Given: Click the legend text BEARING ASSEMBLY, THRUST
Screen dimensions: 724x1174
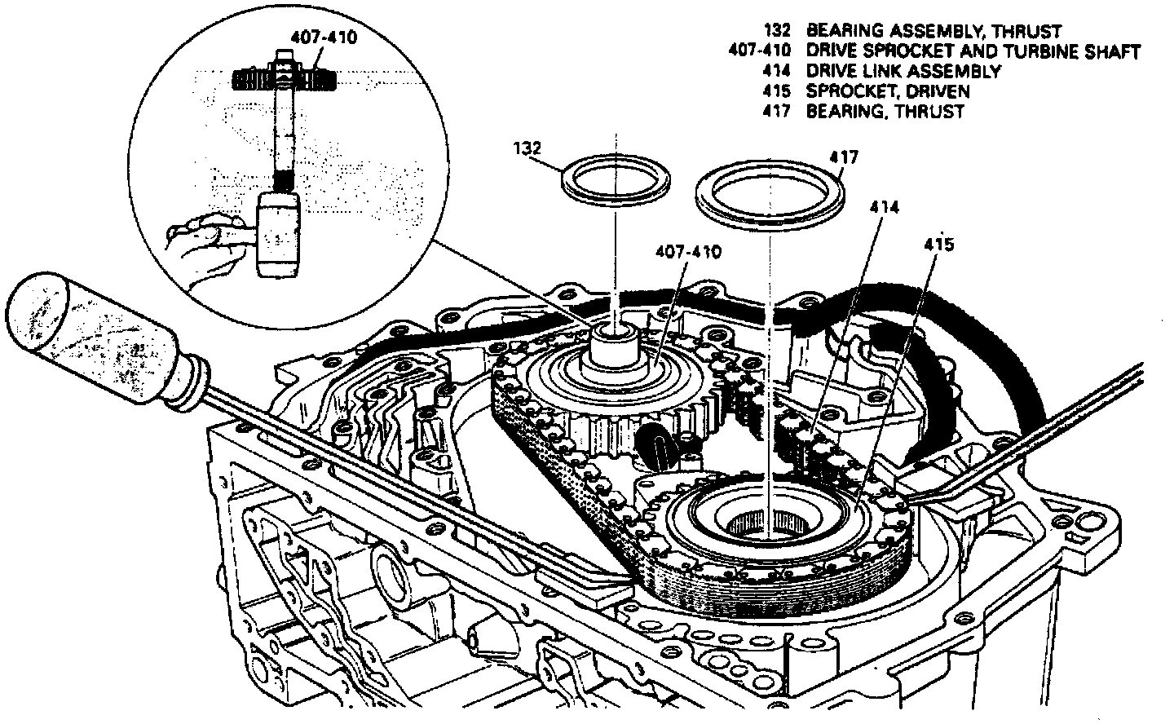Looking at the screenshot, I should click(933, 32).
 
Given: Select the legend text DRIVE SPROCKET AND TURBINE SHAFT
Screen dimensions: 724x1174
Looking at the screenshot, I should click(973, 51).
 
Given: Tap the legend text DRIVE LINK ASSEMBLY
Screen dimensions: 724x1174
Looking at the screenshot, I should click(903, 71).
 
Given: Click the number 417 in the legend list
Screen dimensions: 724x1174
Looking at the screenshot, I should click(777, 111).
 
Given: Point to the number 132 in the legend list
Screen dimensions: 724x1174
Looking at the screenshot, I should click(777, 32).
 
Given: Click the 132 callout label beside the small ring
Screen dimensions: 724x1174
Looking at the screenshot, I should click(528, 149).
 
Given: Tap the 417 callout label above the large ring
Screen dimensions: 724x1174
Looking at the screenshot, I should click(844, 156).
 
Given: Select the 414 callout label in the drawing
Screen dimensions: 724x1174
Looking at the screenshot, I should click(884, 208).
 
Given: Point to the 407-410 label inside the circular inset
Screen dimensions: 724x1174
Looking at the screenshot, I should click(324, 38).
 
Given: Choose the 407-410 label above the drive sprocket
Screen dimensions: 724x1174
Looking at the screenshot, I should click(688, 253).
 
